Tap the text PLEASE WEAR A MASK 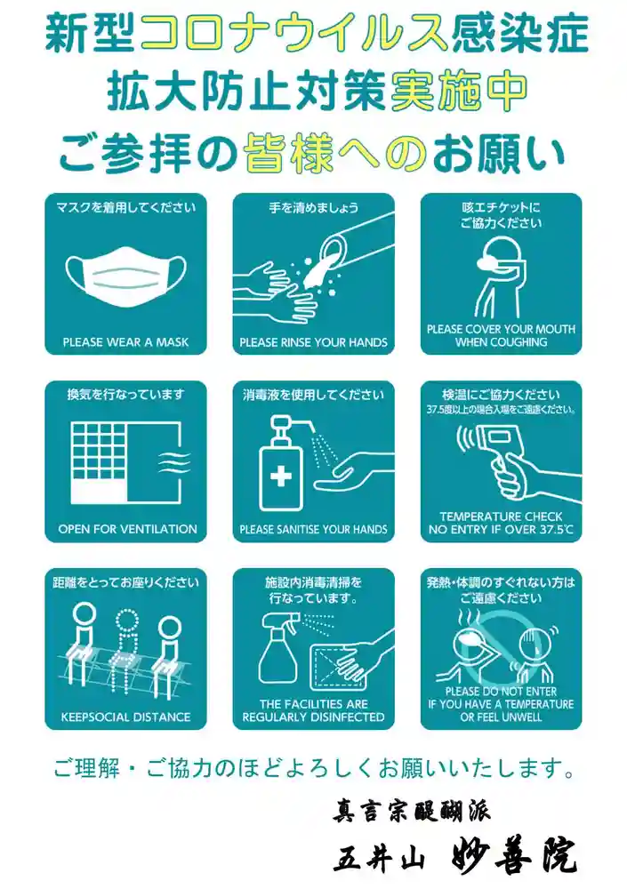click(125, 342)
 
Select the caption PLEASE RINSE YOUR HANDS click(313, 342)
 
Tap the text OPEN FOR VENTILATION click(128, 529)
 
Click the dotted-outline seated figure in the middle click(127, 650)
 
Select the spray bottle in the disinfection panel click(279, 649)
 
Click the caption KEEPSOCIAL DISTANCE click(125, 717)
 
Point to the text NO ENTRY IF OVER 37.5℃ click(501, 530)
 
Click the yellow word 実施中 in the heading click(460, 92)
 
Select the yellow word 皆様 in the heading click(289, 153)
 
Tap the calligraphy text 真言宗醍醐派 click(412, 810)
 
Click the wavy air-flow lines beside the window click(174, 462)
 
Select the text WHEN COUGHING click(501, 342)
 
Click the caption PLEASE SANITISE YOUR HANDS click(313, 530)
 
